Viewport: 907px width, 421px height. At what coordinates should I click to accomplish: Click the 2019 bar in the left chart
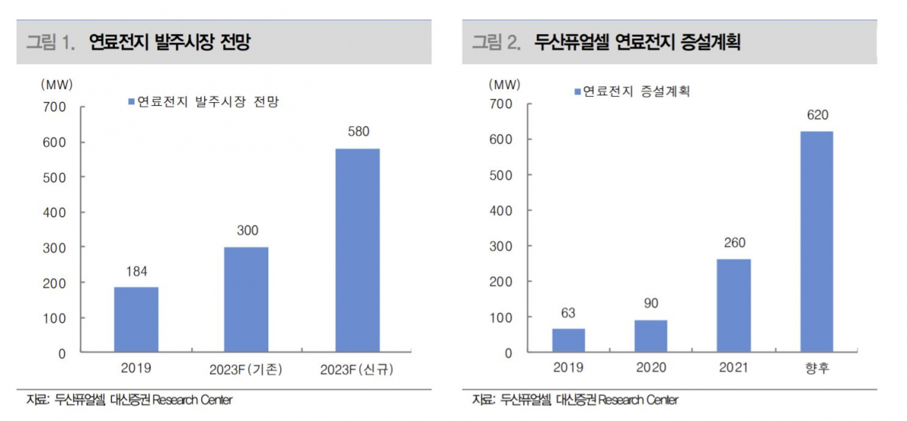pos(136,320)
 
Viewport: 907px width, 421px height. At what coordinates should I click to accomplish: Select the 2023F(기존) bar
pos(246,299)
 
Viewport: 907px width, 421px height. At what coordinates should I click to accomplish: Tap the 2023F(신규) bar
pos(358,250)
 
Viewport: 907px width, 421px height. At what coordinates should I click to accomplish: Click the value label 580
pos(358,132)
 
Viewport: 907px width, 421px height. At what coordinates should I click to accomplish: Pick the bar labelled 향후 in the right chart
pos(816,242)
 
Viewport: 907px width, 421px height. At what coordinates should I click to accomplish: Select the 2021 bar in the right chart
pos(734,305)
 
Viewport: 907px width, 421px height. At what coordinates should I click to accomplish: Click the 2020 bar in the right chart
pos(651,336)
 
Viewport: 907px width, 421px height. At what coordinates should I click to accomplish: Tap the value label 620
pos(817,115)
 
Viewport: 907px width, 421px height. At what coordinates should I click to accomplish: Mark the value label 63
pos(568,312)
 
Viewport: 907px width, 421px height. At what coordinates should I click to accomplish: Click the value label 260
pos(734,243)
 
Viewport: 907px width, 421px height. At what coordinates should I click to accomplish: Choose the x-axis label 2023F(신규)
pos(358,370)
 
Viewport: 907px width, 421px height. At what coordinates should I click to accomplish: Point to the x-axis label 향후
pos(816,368)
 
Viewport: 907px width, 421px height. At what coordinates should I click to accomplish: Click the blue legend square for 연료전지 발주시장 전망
pos(131,101)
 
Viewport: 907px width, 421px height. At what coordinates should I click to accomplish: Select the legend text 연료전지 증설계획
pos(636,91)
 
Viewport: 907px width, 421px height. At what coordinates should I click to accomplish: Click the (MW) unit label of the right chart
pos(504,84)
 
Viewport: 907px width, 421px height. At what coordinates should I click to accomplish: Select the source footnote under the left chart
pos(129,400)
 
